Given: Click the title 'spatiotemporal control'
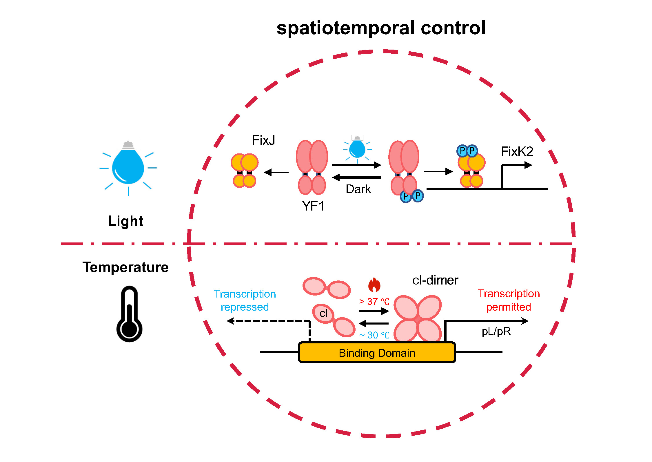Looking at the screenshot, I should (x=381, y=28).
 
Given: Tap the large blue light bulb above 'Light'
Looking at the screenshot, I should (x=128, y=167).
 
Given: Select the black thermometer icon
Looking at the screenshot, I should (x=129, y=315).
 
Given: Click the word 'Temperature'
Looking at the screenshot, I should (x=125, y=267).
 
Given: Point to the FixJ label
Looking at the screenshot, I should (x=263, y=140).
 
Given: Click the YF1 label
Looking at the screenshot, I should (x=313, y=206).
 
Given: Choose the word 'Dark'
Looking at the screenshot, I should (x=358, y=189).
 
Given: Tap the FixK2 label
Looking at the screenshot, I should (x=517, y=151).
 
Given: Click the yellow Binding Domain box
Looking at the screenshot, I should (x=377, y=353).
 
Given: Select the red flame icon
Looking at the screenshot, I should (x=374, y=285).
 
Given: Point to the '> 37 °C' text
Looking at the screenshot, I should (x=374, y=302).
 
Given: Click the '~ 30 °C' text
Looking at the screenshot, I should (x=374, y=335).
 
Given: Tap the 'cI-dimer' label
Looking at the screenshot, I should (x=435, y=280).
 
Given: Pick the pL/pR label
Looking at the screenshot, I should (x=496, y=331).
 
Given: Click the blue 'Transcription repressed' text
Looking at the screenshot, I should (x=245, y=300).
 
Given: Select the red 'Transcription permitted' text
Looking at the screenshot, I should (x=509, y=300).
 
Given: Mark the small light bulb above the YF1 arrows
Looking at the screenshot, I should (x=357, y=148).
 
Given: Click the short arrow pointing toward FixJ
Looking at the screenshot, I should (x=276, y=172).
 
